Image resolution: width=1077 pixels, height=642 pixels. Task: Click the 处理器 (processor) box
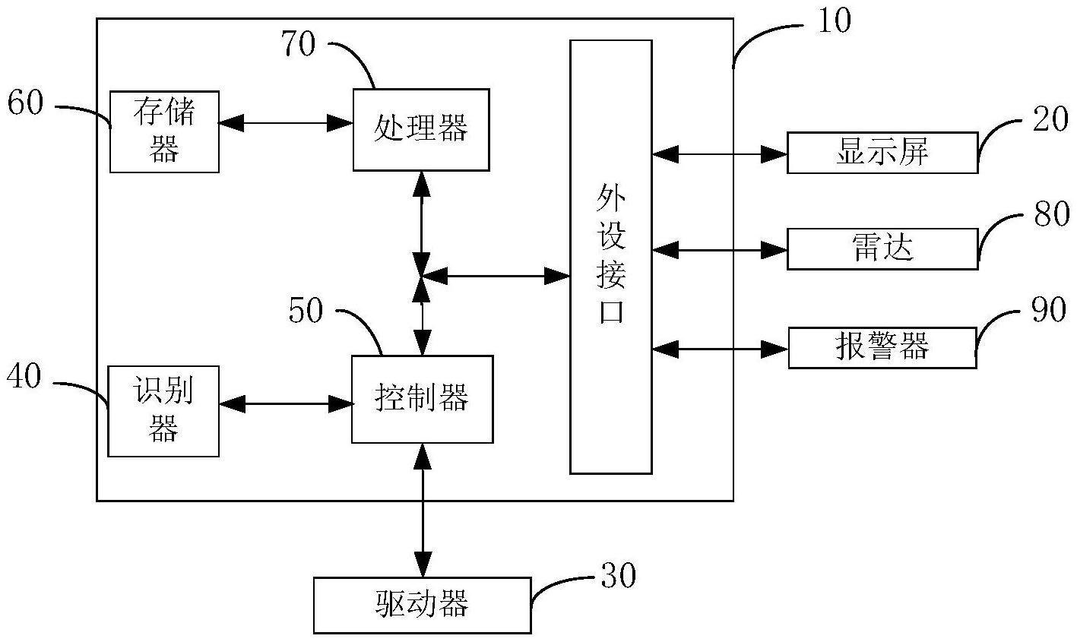420,129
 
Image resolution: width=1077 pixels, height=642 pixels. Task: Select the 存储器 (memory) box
164,131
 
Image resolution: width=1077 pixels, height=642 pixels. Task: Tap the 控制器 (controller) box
422,399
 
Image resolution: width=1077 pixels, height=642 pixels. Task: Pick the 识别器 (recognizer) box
163,411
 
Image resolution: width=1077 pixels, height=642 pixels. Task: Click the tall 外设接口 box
610,257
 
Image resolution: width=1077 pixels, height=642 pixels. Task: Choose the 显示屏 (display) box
882,153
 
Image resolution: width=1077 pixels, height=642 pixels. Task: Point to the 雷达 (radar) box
882,248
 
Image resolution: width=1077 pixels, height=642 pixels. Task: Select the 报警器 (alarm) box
882,348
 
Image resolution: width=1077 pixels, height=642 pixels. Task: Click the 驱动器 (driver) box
422,605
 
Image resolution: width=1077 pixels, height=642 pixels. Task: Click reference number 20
1050,119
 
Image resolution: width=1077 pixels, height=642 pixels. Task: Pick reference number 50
306,311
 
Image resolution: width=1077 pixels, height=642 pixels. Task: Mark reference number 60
26,103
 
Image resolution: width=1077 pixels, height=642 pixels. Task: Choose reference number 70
298,45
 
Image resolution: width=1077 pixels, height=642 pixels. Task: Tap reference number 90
1049,311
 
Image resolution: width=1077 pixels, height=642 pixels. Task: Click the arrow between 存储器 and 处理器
286,121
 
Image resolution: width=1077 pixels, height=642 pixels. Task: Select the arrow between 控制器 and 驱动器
423,509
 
